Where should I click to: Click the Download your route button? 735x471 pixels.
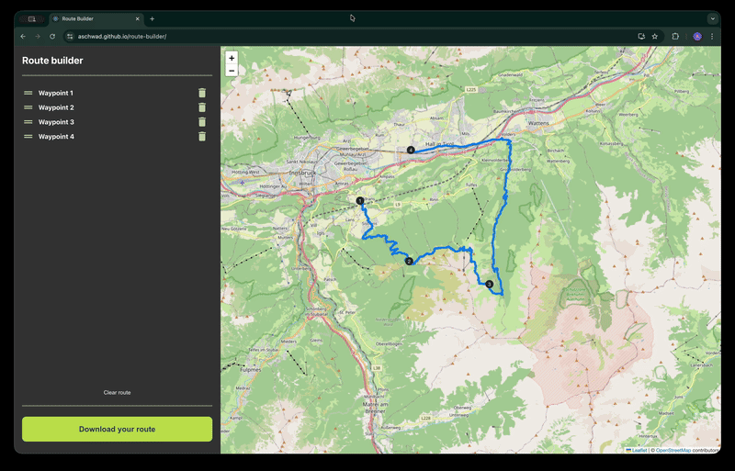pyautogui.click(x=117, y=429)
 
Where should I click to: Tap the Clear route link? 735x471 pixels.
pyautogui.click(x=117, y=392)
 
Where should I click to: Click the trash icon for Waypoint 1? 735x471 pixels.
pyautogui.click(x=202, y=93)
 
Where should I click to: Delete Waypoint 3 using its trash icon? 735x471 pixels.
pyautogui.click(x=202, y=122)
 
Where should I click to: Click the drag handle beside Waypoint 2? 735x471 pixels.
pyautogui.click(x=28, y=107)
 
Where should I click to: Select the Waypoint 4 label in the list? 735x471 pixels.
pyautogui.click(x=56, y=137)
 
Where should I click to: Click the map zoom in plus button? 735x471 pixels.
pyautogui.click(x=232, y=58)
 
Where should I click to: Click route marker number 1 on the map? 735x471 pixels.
pyautogui.click(x=360, y=200)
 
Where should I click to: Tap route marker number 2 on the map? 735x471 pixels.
pyautogui.click(x=409, y=262)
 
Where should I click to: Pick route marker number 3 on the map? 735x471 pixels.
pyautogui.click(x=490, y=285)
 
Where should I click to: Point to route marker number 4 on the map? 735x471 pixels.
pyautogui.click(x=411, y=150)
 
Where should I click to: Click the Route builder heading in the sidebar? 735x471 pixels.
pyautogui.click(x=52, y=61)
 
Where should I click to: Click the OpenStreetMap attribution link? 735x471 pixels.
pyautogui.click(x=673, y=450)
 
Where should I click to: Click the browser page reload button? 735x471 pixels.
pyautogui.click(x=52, y=37)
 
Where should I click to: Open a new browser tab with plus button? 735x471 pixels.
pyautogui.click(x=153, y=18)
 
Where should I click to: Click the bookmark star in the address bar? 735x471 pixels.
pyautogui.click(x=655, y=37)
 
